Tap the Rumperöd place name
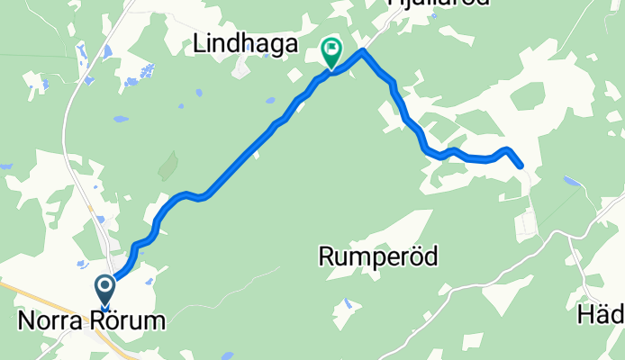tap(378, 257)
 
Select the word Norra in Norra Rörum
tap(50, 320)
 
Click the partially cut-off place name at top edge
tap(438, 3)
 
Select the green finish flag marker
tap(331, 51)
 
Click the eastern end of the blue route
tap(521, 166)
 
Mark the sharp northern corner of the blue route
tap(362, 51)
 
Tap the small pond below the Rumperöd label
tap(348, 304)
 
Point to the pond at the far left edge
tap(5, 166)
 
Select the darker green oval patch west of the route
tap(168, 166)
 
